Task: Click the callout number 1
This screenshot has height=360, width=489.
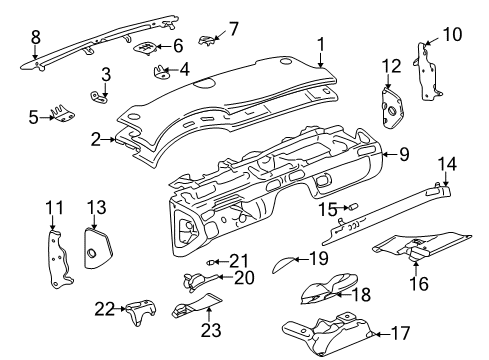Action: click(321, 44)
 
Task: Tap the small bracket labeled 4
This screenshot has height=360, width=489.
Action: click(161, 71)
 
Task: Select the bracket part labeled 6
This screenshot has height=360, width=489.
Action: click(146, 47)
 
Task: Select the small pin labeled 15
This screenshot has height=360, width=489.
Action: click(352, 206)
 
